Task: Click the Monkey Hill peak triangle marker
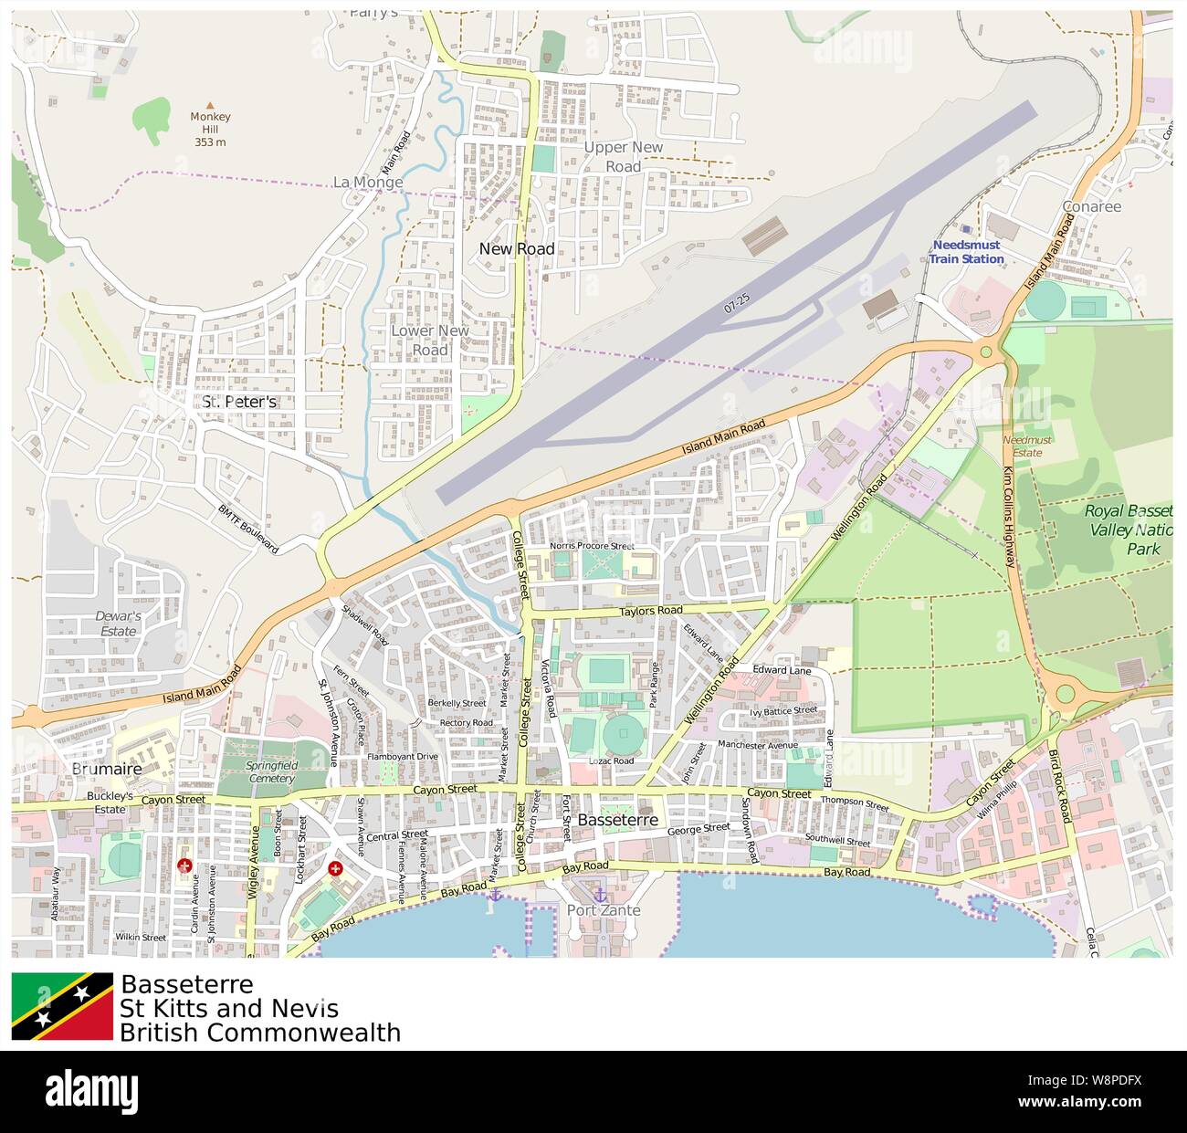tap(210, 105)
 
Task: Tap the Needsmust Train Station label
tap(966, 252)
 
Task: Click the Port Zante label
tap(604, 910)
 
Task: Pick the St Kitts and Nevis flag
tap(62, 1006)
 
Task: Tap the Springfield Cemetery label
tap(271, 772)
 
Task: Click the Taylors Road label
tap(650, 611)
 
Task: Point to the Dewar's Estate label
tap(118, 624)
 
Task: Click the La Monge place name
tap(368, 183)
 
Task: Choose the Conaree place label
tap(1091, 206)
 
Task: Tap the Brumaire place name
tap(107, 769)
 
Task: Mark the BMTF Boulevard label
tap(247, 529)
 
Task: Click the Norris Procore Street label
tap(591, 546)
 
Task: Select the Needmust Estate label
tap(1026, 446)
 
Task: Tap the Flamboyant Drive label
tap(402, 757)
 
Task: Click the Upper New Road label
tap(623, 156)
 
